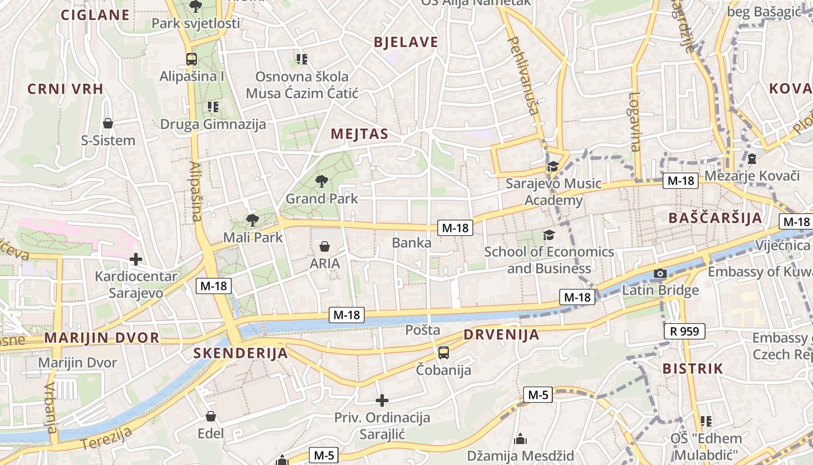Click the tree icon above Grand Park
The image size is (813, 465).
coord(321,181)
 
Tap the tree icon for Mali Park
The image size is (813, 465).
coord(252,220)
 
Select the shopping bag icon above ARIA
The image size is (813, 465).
coord(325,246)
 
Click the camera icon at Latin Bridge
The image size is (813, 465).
coord(660,273)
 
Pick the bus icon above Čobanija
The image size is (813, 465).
coord(444,352)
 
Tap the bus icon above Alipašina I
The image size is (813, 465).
coord(191,59)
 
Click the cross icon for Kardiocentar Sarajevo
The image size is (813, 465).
coord(136,259)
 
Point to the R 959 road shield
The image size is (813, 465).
coord(685,331)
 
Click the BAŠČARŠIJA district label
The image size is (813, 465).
coord(715,219)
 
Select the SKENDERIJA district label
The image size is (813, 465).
coord(240,353)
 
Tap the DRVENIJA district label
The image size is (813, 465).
coord(501,335)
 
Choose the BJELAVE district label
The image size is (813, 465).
coord(406,42)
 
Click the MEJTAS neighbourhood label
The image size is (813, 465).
coord(359,134)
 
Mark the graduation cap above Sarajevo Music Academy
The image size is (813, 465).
coord(553,167)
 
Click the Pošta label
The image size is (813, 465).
coord(423,330)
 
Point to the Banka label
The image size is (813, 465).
coord(412,242)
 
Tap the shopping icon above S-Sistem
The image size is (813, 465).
coord(108,123)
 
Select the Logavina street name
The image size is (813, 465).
coord(635,122)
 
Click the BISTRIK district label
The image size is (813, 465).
coord(693,369)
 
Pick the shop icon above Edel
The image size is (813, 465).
coord(211,416)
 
